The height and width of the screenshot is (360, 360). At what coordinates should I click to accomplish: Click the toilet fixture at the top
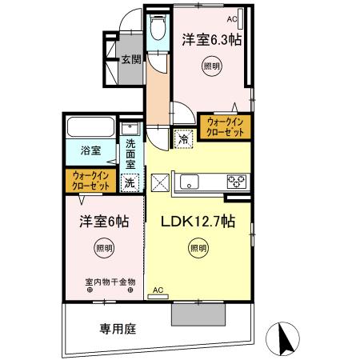click(157, 29)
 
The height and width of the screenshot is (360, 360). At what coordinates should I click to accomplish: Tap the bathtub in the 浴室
click(88, 128)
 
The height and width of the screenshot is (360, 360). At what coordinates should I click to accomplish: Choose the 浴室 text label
click(89, 150)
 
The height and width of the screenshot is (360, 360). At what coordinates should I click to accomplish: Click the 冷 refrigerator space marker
click(182, 138)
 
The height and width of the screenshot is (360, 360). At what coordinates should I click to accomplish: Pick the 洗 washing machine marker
click(130, 182)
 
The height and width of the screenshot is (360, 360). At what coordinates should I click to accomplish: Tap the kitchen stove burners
click(237, 180)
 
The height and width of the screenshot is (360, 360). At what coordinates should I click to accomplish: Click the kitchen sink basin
click(190, 180)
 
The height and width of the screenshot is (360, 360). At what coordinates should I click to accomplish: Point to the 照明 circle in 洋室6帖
click(104, 247)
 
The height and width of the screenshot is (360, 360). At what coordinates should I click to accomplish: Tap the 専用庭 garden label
click(116, 328)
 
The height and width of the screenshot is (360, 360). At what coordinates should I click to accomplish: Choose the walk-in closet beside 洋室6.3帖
click(226, 126)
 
